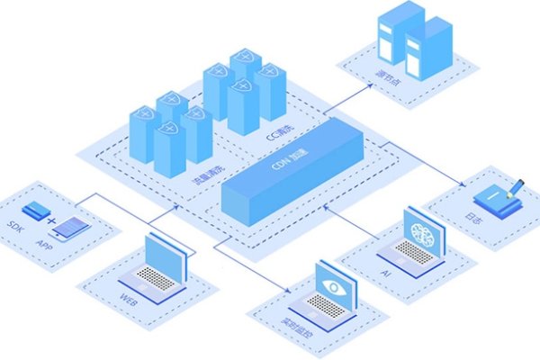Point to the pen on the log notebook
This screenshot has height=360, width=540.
pos(516,188)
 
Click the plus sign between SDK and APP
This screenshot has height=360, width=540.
pos(52,220)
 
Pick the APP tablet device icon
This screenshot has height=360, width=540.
pos(72,228)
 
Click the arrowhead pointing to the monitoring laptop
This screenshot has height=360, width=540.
pos(287,290)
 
